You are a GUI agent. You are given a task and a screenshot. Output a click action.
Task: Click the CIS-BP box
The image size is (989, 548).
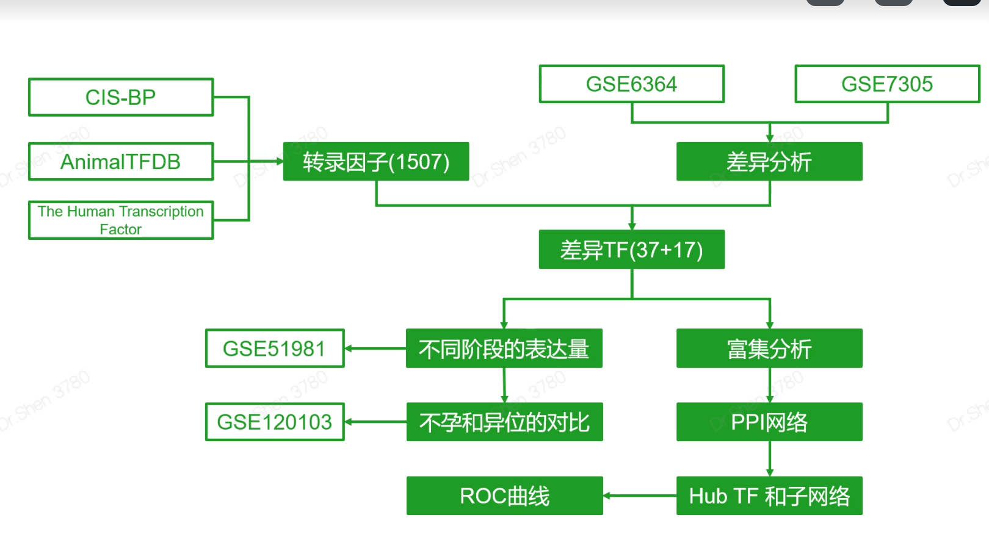[x=121, y=97]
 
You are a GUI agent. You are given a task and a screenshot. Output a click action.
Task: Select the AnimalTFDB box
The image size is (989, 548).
[x=121, y=162]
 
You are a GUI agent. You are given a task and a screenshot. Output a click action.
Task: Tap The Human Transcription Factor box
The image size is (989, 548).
[x=121, y=220]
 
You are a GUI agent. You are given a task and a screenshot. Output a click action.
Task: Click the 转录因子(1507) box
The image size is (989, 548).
[x=376, y=162]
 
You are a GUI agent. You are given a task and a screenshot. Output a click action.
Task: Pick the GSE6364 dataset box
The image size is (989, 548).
[x=632, y=84]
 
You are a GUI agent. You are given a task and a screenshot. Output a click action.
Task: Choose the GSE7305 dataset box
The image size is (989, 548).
[x=887, y=84]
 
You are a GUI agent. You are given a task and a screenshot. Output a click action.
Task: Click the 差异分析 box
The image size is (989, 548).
[x=769, y=162]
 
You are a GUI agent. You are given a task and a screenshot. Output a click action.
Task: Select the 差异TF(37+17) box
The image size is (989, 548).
[x=632, y=250]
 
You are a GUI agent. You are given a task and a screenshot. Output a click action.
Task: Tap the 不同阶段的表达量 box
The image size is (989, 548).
[x=504, y=348]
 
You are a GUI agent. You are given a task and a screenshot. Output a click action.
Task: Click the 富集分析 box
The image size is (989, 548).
[x=769, y=348]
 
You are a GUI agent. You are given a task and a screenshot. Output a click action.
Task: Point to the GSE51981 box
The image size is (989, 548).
[x=275, y=348]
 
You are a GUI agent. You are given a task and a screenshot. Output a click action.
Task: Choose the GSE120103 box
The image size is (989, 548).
[x=275, y=422]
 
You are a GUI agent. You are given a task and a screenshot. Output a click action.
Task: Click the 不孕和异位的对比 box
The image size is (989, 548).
[x=504, y=422]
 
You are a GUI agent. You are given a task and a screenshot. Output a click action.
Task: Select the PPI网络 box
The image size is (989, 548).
[x=769, y=422]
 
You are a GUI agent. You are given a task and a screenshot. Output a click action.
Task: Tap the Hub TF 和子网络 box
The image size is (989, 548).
[x=769, y=496]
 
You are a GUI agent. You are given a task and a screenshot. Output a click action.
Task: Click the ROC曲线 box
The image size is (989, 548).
[x=504, y=496]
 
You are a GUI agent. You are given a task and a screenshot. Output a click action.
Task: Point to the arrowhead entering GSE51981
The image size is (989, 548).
[x=349, y=348]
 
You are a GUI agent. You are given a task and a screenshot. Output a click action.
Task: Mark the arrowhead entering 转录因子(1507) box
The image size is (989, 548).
[x=280, y=162]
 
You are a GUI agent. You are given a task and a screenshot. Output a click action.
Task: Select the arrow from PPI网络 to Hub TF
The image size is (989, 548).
[x=770, y=458]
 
